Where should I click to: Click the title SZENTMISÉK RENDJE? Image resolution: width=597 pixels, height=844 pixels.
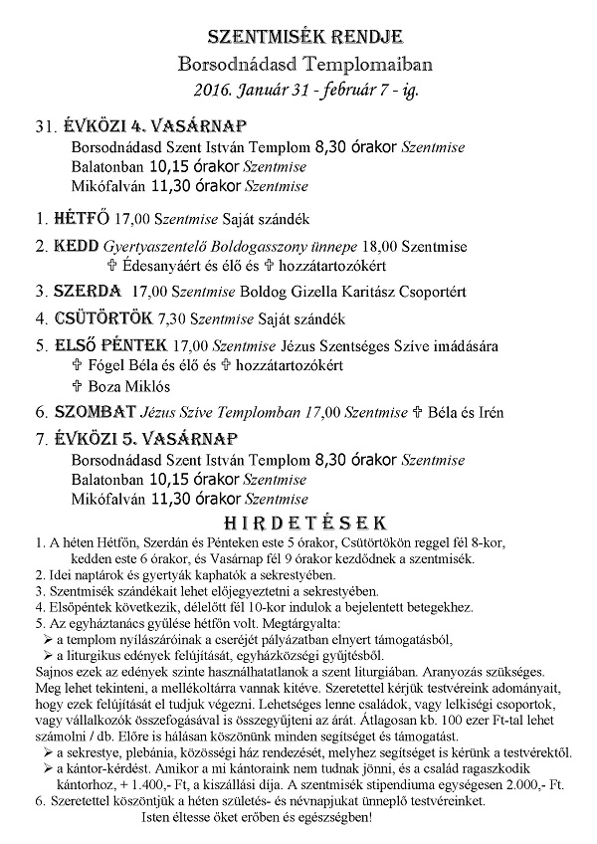298,37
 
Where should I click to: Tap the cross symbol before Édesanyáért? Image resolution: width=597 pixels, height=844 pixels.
111,267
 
